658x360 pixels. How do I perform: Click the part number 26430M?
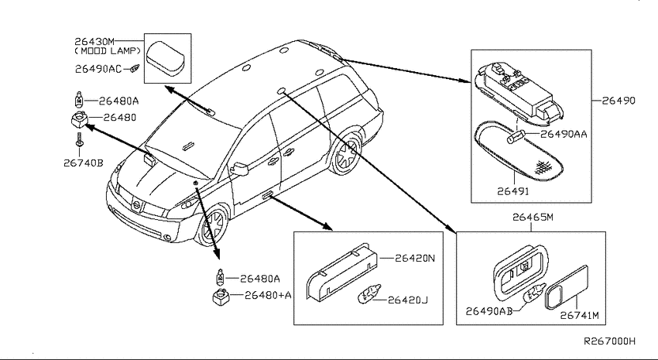tap(94, 42)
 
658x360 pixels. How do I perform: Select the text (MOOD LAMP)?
tap(108, 51)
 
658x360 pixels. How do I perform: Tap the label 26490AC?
tap(98, 69)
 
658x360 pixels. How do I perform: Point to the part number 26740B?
tap(83, 163)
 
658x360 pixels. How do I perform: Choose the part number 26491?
tap(512, 191)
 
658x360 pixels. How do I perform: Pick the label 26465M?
tap(533, 218)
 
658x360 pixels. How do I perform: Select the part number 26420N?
tap(415, 258)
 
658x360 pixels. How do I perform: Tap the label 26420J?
tap(407, 300)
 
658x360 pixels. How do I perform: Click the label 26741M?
tap(580, 315)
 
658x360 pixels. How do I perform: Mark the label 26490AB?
tap(489, 311)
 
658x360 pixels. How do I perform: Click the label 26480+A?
tap(268, 296)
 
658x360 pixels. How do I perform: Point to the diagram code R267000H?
tap(610, 341)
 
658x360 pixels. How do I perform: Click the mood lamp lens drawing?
tap(167, 58)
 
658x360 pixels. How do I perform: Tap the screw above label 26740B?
tap(79, 139)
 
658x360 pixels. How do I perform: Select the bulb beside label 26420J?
tap(368, 294)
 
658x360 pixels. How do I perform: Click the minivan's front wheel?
tap(214, 225)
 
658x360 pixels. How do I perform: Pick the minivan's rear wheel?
tap(346, 154)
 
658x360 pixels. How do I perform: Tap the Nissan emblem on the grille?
tap(136, 206)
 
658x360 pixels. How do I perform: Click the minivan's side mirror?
tap(240, 169)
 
